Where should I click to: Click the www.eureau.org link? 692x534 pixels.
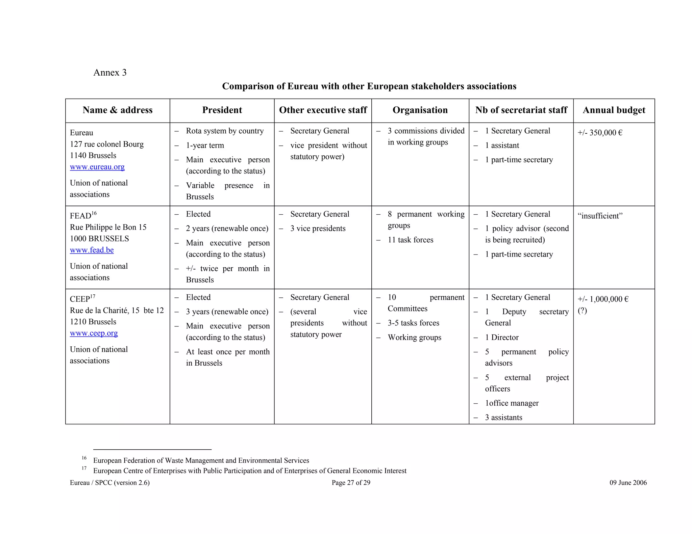pos(97,167)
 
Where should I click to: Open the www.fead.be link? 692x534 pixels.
pos(92,250)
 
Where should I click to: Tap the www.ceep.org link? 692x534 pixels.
pos(94,333)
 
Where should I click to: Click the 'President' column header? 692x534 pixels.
pos(222,110)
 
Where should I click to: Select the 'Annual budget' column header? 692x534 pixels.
pos(614,110)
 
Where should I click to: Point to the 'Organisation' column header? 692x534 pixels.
pos(420,110)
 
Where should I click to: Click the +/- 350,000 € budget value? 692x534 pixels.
pos(600,133)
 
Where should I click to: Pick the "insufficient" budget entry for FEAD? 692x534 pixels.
pos(600,216)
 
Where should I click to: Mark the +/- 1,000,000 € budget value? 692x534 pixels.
pos(603,299)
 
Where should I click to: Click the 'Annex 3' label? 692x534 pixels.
pos(110,73)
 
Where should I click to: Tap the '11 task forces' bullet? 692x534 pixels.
pos(410,240)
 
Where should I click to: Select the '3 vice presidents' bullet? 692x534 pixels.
pos(318,229)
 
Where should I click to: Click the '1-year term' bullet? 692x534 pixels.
pos(205,145)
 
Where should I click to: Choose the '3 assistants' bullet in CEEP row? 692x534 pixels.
pos(503,418)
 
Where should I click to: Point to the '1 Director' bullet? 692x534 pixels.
pos(501,338)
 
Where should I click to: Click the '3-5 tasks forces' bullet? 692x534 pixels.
pos(413,323)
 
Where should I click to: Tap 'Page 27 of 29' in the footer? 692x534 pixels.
pos(351,483)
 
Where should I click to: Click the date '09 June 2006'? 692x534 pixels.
pos(628,483)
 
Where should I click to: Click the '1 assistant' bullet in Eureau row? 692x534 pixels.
pos(502,145)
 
